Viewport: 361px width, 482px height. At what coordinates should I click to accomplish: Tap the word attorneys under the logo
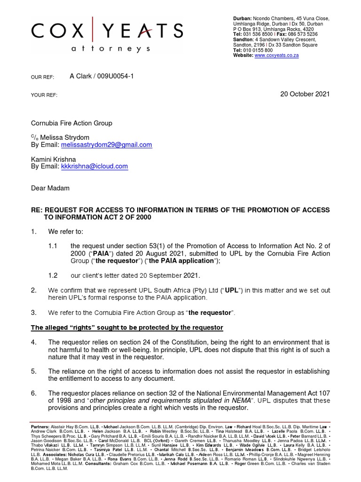(111, 49)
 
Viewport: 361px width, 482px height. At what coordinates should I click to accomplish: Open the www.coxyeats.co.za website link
(276, 56)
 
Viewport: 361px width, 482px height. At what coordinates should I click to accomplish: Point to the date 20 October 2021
(305, 94)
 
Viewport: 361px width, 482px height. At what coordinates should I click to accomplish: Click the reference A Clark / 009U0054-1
(102, 76)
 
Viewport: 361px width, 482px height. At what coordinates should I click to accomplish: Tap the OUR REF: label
(43, 77)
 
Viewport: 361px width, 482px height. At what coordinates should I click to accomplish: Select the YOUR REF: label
(44, 95)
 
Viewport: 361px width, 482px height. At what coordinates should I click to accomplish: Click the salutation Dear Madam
(50, 188)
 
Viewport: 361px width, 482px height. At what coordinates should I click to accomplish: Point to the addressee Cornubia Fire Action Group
(71, 123)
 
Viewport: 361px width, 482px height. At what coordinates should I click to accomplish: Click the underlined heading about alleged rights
(127, 328)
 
